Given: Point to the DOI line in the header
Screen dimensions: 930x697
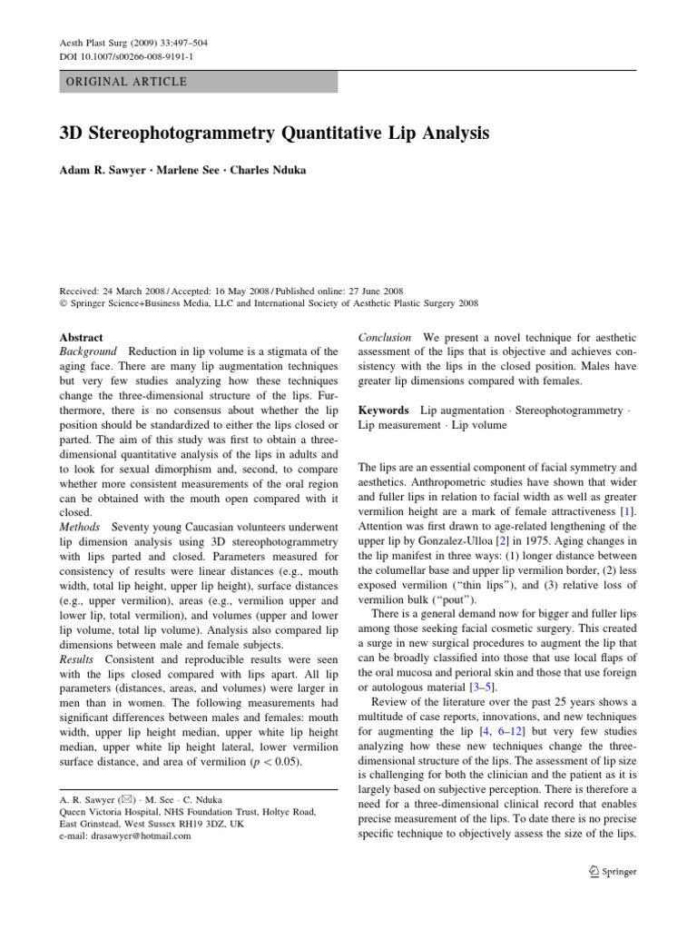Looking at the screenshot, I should click(x=117, y=56).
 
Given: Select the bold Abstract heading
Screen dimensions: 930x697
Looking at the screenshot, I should click(x=81, y=337).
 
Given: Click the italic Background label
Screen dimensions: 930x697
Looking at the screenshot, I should click(x=88, y=351).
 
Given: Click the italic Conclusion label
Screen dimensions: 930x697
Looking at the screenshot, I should click(x=385, y=337).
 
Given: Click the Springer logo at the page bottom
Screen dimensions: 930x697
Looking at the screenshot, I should click(x=614, y=872).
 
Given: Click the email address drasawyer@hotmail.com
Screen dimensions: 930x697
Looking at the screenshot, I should click(x=125, y=836).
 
